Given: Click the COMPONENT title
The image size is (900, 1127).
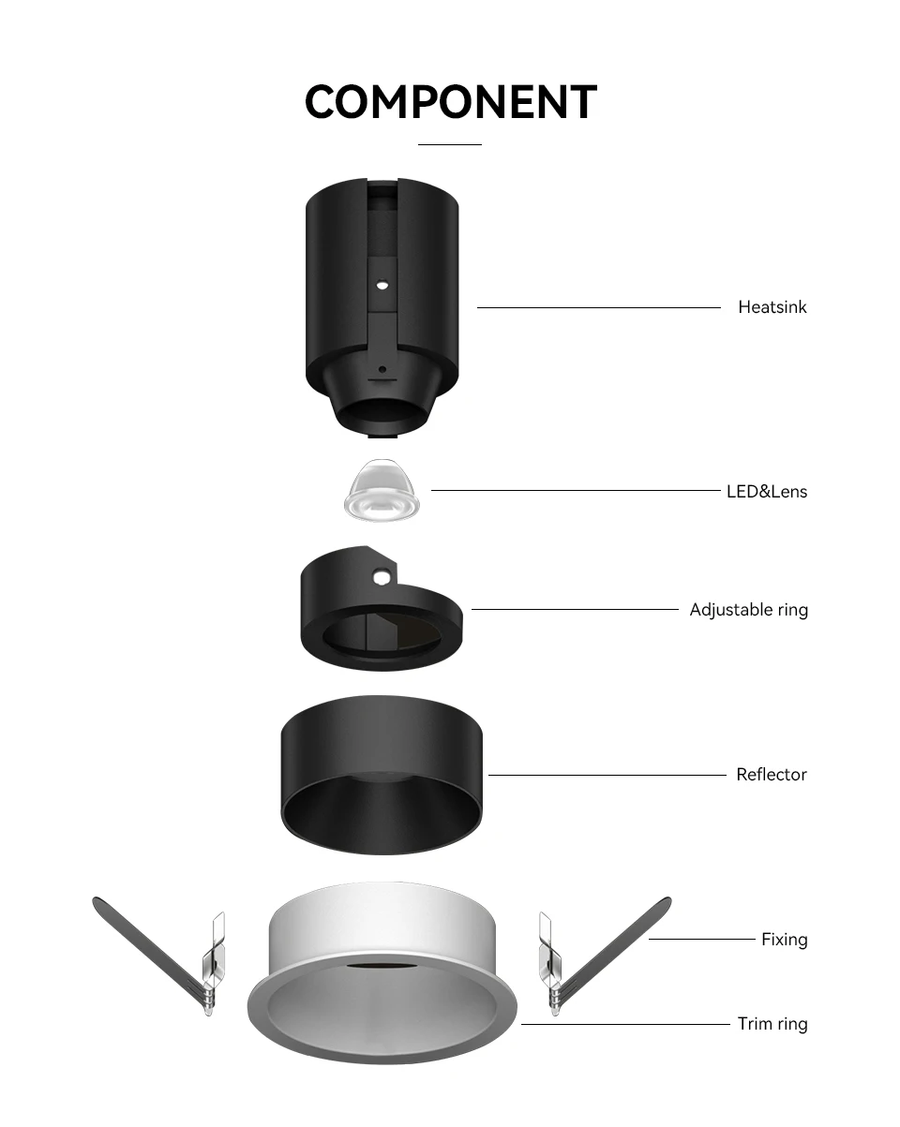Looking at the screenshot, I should point(451,102).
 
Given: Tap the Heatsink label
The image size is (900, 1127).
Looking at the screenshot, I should point(772,307).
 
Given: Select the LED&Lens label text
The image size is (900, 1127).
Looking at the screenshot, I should point(766,491).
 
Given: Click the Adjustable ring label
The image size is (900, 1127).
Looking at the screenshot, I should point(748,610).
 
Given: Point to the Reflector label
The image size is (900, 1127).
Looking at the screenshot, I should point(771,775).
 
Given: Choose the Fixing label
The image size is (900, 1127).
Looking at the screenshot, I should point(784,940).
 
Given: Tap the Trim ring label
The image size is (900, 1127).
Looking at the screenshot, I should point(772,1024).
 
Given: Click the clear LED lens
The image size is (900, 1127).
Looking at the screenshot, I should point(382,492).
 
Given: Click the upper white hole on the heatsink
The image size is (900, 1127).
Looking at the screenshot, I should point(382,282).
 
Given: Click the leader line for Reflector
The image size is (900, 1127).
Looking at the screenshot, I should point(607,775).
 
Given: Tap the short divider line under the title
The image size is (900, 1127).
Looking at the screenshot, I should point(449,145).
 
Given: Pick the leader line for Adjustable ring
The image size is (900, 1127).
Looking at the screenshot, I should point(574,610).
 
